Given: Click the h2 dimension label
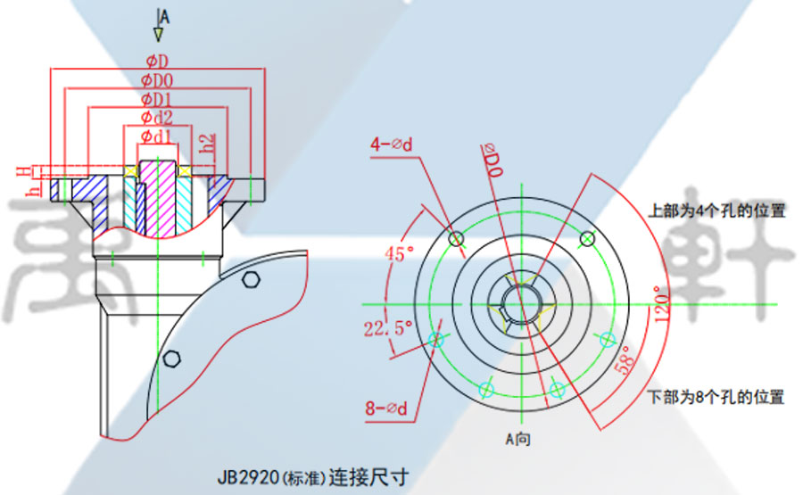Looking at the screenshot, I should (207, 144).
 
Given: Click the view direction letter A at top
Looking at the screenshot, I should (164, 16).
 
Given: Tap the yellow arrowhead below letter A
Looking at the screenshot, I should (158, 34).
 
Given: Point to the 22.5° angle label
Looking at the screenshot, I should (387, 328).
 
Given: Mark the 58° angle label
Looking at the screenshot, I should (627, 360).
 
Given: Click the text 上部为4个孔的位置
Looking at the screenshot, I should (716, 212).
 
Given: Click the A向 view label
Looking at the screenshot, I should (518, 439).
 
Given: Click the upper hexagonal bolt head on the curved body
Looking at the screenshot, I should (251, 281).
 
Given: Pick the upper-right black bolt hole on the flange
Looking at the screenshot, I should (587, 238).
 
